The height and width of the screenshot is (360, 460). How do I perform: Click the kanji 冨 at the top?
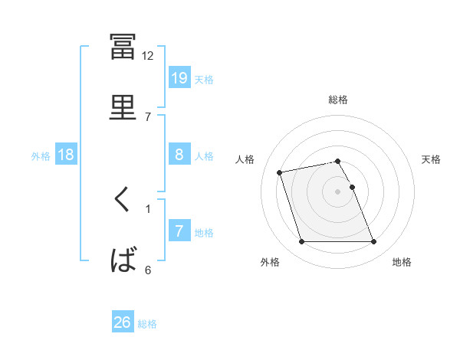[x=123, y=47]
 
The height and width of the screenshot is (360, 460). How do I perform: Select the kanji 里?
[x=123, y=107]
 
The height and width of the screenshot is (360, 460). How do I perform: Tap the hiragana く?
[x=121, y=198]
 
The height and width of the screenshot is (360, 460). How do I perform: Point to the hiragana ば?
[x=123, y=260]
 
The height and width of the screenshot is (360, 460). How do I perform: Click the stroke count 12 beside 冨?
[x=147, y=56]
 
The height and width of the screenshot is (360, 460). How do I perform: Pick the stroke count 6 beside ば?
[x=148, y=270]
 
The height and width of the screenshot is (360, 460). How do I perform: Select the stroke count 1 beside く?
[x=148, y=209]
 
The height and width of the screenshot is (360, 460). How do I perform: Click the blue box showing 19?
[x=179, y=77]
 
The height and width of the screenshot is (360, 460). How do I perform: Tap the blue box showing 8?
[x=179, y=154]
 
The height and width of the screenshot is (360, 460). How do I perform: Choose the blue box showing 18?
[x=66, y=154]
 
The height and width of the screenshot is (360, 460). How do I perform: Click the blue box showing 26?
[x=123, y=321]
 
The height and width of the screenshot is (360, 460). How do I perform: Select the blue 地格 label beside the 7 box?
[x=204, y=233]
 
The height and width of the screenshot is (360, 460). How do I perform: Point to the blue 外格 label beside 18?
[x=41, y=156]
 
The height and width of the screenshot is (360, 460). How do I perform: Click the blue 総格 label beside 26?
[x=147, y=324]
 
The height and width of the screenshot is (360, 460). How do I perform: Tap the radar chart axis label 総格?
[x=338, y=100]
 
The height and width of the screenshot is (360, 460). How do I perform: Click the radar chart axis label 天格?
[x=431, y=159]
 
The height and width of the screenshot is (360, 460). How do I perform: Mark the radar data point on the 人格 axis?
[x=279, y=172]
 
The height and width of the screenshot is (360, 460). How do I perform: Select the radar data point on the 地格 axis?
[x=373, y=241]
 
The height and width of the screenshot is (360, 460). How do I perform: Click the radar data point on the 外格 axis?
[x=301, y=241]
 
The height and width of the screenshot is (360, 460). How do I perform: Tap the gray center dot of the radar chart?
[x=337, y=191]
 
